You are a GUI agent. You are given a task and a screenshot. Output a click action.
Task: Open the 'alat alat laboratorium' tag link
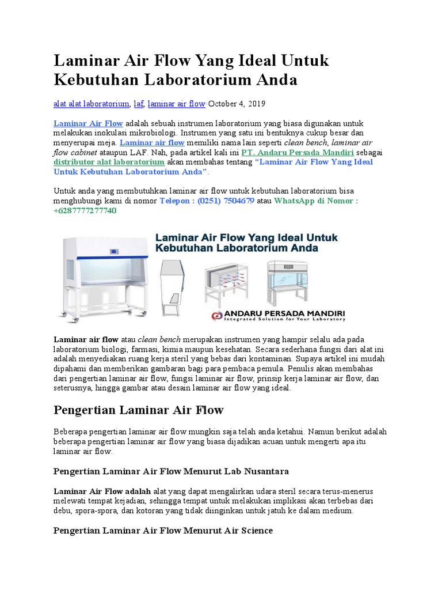pyautogui.click(x=91, y=104)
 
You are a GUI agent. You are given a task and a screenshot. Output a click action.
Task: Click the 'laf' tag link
pyautogui.click(x=138, y=104)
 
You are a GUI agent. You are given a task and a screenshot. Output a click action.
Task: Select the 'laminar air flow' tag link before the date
pyautogui.click(x=176, y=104)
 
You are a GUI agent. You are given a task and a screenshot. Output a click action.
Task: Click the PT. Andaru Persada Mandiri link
pyautogui.click(x=297, y=153)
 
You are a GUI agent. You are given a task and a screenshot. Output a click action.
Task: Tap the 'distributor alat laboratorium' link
pyautogui.click(x=109, y=162)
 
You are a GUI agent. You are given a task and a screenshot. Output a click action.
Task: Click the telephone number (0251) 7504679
pyautogui.click(x=207, y=201)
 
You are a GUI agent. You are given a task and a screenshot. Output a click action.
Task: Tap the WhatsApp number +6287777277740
pyautogui.click(x=85, y=211)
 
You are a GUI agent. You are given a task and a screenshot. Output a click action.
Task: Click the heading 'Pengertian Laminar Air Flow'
pyautogui.click(x=138, y=410)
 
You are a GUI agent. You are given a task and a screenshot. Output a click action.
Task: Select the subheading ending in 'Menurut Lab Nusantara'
pyautogui.click(x=171, y=471)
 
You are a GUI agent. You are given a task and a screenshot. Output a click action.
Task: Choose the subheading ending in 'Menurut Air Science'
pyautogui.click(x=163, y=530)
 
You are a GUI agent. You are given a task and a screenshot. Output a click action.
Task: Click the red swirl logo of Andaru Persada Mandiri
pyautogui.click(x=217, y=315)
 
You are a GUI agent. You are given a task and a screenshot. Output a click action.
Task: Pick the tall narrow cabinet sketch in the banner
pyautogui.click(x=173, y=282)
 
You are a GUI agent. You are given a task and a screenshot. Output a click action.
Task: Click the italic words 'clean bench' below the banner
pyautogui.click(x=156, y=339)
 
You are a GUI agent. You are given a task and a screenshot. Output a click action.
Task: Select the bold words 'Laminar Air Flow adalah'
pyautogui.click(x=102, y=491)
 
